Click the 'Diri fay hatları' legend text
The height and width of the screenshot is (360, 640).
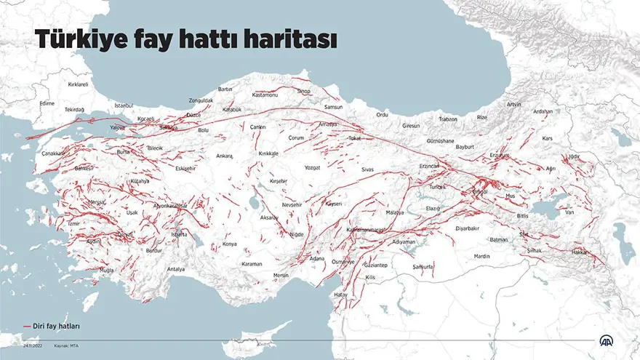pos(56,327)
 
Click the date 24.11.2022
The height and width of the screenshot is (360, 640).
pos(33,345)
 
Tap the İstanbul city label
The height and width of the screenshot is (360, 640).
pos(124,105)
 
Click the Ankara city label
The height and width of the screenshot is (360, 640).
pos(224,156)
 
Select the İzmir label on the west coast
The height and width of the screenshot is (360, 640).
pos(73,224)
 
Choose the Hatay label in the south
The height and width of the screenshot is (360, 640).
pos(340,295)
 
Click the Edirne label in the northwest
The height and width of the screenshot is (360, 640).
pos(47,103)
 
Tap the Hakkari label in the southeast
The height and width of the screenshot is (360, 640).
pos(580,252)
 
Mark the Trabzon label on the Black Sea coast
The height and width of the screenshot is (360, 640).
pos(448,119)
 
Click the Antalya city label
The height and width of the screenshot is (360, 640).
pos(175,269)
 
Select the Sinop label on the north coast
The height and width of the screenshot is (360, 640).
pos(303,91)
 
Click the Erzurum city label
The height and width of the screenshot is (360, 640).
pos(500,155)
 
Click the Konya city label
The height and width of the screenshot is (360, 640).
pos(230,244)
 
